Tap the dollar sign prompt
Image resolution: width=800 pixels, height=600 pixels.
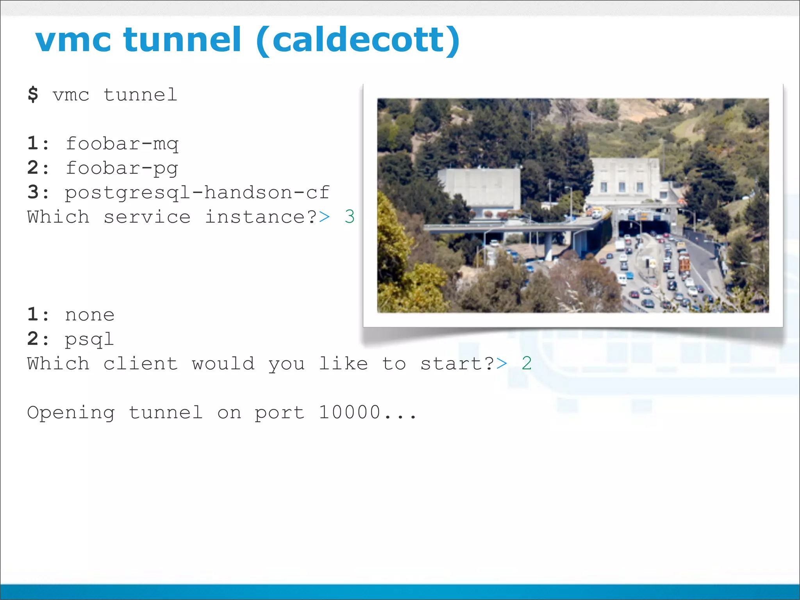tap(33, 95)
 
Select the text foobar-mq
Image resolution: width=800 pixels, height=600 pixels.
tap(122, 144)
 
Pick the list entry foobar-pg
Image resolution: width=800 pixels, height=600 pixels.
tap(122, 168)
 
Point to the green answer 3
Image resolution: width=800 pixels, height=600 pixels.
tap(350, 217)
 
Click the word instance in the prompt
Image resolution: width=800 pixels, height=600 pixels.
tap(256, 217)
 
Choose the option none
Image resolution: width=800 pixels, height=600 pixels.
tap(90, 315)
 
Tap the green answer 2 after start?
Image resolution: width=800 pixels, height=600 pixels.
tap(527, 364)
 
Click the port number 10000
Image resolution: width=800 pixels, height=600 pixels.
tap(350, 412)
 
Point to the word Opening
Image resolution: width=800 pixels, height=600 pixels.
tap(71, 412)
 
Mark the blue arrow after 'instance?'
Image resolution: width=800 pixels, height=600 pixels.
tap(324, 217)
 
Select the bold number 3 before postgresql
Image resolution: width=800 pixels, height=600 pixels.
tap(33, 193)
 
